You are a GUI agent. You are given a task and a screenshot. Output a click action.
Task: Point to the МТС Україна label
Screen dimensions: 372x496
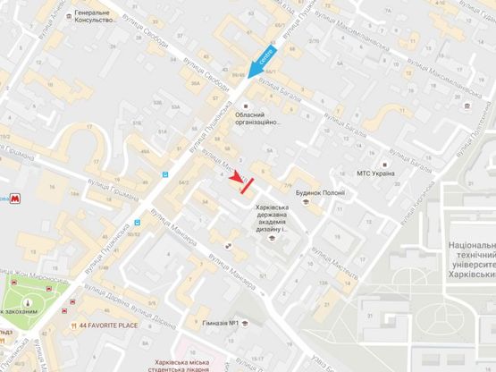[375, 173]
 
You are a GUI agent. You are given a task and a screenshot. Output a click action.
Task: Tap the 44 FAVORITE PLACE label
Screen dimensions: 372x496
[107, 325]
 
